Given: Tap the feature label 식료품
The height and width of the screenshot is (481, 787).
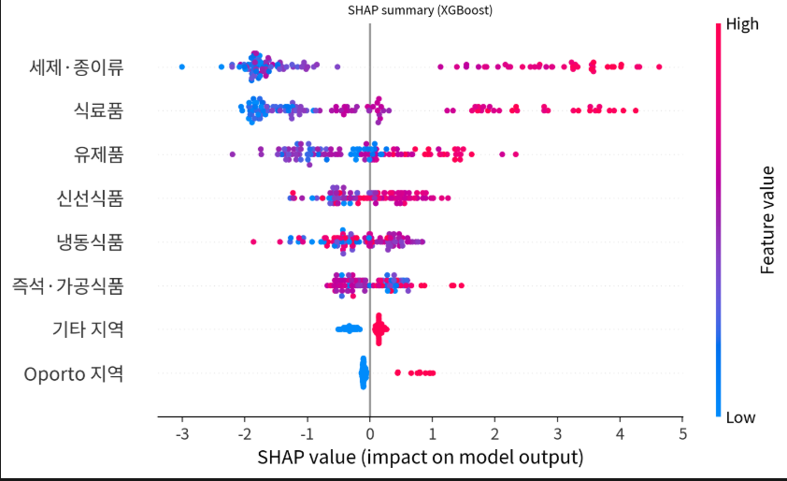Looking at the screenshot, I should tap(99, 110).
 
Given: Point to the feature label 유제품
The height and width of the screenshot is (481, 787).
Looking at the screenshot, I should tap(99, 154).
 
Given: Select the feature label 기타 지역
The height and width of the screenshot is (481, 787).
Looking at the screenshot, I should tap(86, 329).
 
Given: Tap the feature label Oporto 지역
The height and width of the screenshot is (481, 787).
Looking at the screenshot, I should tap(74, 373).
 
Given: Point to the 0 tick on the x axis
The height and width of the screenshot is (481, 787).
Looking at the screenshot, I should tap(370, 434).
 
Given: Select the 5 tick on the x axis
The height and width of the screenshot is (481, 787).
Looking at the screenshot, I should tap(682, 434).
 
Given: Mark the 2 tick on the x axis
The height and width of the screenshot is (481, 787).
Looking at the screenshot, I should tap(495, 434).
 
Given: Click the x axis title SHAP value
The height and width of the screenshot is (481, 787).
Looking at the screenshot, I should tap(420, 458).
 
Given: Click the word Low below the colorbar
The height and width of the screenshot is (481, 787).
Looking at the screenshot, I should tap(740, 417).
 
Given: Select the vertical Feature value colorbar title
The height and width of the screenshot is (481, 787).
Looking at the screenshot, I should tap(768, 220).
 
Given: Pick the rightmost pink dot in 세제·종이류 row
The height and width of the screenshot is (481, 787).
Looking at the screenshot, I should tap(659, 66).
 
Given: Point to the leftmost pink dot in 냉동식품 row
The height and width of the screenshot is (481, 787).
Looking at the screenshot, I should tap(253, 242).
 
